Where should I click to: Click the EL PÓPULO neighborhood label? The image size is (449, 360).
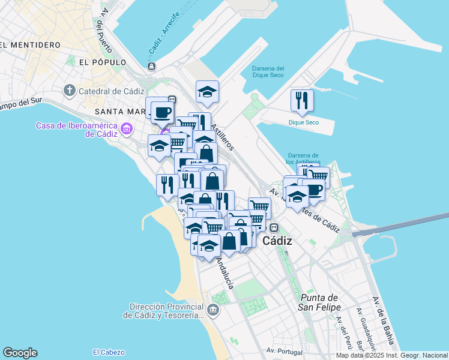102,62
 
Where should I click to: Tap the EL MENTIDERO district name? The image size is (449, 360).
30,45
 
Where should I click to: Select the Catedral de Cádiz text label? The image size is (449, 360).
111,91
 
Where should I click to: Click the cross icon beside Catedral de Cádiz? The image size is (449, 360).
70,91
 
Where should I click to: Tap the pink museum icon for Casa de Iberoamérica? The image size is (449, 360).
126,129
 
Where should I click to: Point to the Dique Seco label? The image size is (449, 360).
303,122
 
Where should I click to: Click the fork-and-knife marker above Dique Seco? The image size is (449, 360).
301,99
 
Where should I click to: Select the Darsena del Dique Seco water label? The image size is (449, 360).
267,73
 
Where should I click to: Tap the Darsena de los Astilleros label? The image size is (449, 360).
304,158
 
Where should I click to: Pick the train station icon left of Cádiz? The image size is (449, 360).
274,227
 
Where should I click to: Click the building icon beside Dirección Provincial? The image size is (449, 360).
214,310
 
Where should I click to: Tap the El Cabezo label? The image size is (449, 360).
109,352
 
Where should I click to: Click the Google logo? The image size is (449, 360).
20,353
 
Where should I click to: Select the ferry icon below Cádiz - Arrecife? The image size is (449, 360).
151,66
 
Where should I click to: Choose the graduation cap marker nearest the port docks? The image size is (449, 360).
207,91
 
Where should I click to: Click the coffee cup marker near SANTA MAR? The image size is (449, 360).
161,111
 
